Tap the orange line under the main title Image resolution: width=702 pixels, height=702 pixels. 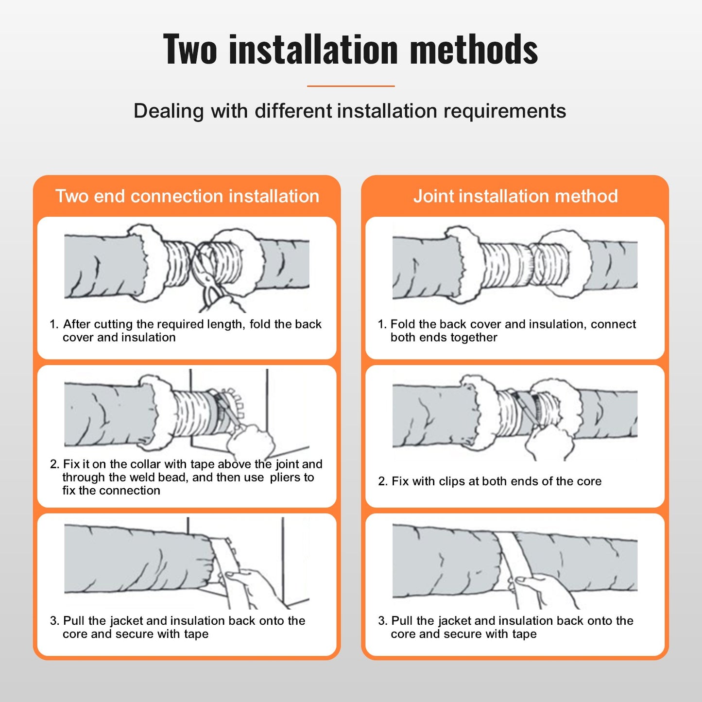[x=350, y=86]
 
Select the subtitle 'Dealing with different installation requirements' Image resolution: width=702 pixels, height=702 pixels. [x=350, y=111]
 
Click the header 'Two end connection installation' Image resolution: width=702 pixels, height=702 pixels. [x=187, y=196]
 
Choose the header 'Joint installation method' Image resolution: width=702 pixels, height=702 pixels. [x=515, y=196]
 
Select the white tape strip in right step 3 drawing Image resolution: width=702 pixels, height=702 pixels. [x=508, y=554]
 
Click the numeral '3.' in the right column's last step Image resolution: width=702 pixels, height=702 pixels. [x=383, y=621]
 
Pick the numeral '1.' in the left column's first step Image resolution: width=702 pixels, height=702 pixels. [x=54, y=325]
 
